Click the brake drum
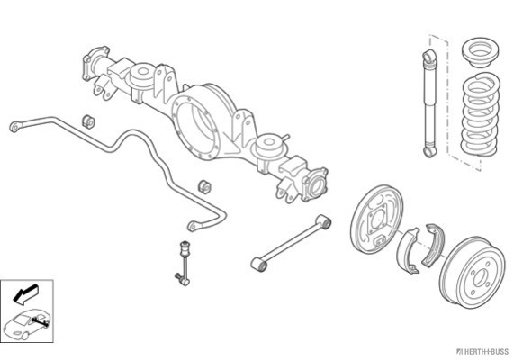pyautogui.click(x=472, y=273)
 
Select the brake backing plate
pyautogui.click(x=376, y=219)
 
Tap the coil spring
pyautogui.click(x=481, y=114)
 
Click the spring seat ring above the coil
pyautogui.click(x=480, y=52)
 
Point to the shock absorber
pyautogui.click(x=429, y=103)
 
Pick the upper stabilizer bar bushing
pyautogui.click(x=88, y=121)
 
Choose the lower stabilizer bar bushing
pyautogui.click(x=204, y=186)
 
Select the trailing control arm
pyautogui.click(x=291, y=243)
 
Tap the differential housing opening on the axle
pyautogui.click(x=195, y=124)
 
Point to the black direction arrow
pyautogui.click(x=25, y=293)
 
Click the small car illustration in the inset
pyautogui.click(x=27, y=324)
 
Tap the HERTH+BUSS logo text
pyautogui.click(x=482, y=352)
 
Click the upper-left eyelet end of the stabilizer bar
pyautogui.click(x=15, y=127)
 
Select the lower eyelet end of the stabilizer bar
pyautogui.click(x=193, y=227)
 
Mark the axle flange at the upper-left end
pyautogui.click(x=95, y=63)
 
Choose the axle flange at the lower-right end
pyautogui.click(x=315, y=184)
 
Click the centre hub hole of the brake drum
pyautogui.click(x=480, y=277)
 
